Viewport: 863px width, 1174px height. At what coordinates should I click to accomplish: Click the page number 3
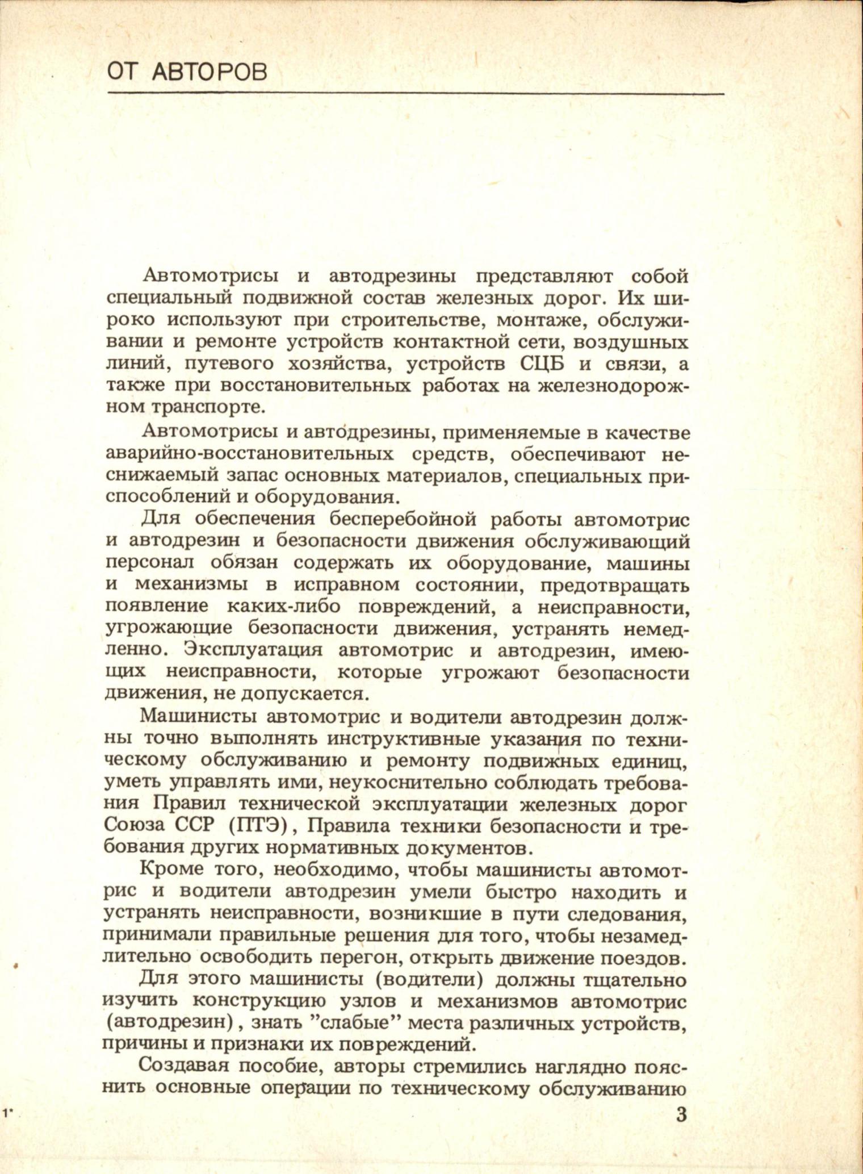pyautogui.click(x=681, y=1114)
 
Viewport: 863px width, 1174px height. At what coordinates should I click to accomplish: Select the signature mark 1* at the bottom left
pyautogui.click(x=9, y=1114)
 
